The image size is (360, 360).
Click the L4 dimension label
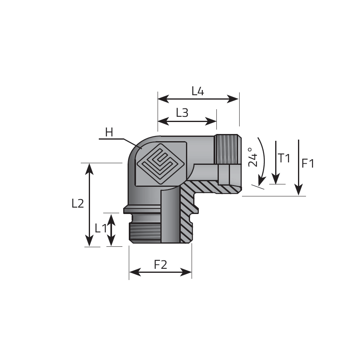click(198, 91)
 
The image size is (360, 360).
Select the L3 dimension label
click(182, 113)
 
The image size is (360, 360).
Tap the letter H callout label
click(109, 132)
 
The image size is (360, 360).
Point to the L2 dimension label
click(78, 204)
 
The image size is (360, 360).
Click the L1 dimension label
click(101, 228)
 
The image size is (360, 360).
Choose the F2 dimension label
click(160, 265)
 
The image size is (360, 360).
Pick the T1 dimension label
click(284, 158)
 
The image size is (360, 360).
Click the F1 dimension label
click(308, 164)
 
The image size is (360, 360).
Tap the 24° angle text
click(253, 157)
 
